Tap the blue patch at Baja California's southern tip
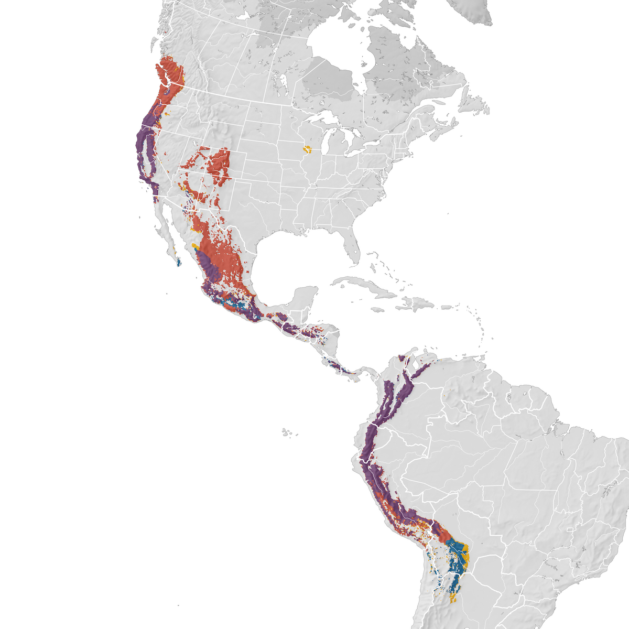[x=179, y=261]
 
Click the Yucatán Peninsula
[x=307, y=296]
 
